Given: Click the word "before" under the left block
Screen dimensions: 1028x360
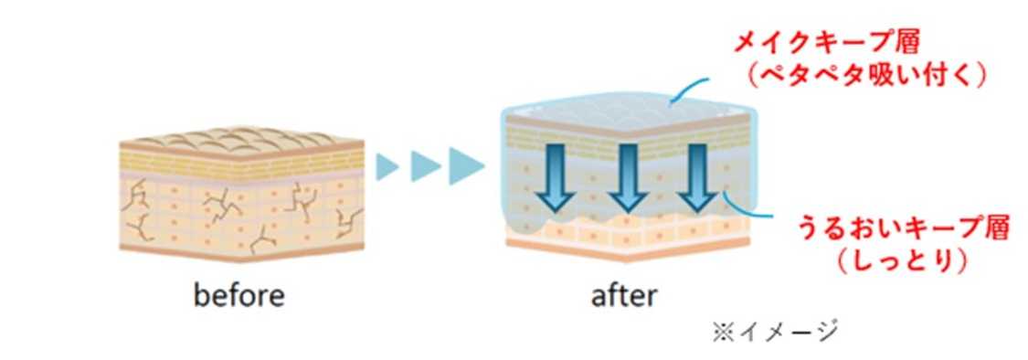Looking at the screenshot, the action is click(239, 296).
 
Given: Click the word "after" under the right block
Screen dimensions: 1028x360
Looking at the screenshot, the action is click(623, 296).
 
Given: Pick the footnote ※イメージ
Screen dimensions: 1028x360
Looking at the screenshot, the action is click(776, 331).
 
